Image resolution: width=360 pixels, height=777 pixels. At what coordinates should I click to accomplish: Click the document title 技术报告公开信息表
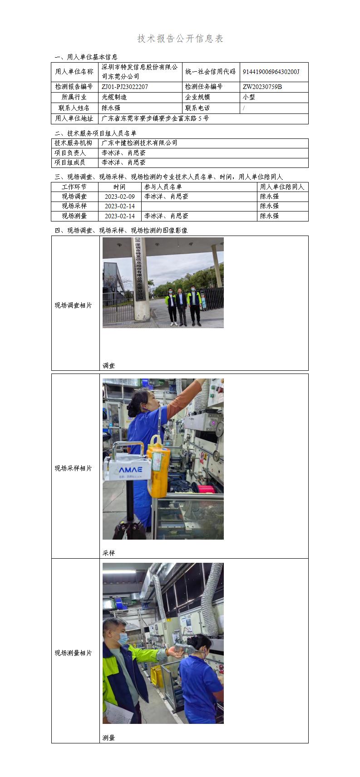click(180, 39)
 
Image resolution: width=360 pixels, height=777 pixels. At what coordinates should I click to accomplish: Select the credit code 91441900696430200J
click(271, 72)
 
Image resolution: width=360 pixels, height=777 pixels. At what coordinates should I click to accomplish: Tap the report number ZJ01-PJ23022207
click(125, 87)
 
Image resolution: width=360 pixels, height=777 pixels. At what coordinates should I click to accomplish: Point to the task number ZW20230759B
click(262, 87)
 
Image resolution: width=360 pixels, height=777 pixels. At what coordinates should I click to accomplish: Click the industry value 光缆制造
click(114, 97)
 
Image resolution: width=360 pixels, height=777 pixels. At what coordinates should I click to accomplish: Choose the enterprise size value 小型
click(249, 97)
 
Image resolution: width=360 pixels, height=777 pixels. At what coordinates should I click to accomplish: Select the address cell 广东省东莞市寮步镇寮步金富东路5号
click(155, 118)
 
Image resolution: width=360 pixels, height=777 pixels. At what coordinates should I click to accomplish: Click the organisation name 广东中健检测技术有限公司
click(139, 143)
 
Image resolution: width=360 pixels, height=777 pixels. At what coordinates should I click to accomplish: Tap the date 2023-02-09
click(120, 197)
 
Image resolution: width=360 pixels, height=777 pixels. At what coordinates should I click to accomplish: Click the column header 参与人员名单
click(163, 187)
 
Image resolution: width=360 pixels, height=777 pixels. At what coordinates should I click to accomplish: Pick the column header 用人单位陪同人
click(282, 187)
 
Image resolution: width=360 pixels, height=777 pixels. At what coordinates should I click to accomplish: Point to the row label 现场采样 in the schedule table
click(74, 206)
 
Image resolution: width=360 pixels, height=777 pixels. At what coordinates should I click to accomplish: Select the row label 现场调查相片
click(74, 305)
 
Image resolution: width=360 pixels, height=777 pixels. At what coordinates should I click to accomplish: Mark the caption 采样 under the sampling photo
click(109, 553)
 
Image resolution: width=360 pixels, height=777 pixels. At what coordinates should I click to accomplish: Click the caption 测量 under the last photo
click(109, 738)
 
